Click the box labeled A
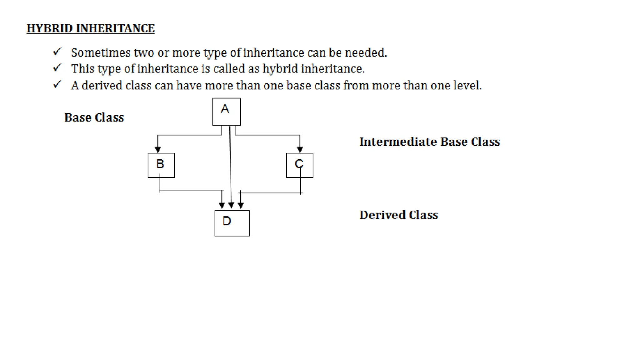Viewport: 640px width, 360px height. click(227, 112)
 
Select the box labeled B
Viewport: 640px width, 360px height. click(161, 165)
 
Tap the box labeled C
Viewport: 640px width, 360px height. click(300, 165)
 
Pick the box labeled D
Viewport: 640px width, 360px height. click(232, 223)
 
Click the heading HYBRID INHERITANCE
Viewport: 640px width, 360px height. click(91, 28)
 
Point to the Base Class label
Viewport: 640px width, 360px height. click(94, 117)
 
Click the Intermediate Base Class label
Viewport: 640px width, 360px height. click(430, 142)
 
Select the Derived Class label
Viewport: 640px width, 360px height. click(399, 215)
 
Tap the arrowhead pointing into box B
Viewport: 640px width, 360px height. click(158, 150)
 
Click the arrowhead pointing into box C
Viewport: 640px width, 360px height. click(300, 150)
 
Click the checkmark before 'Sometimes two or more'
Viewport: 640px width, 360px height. click(57, 52)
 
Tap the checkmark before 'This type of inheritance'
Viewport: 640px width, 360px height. click(57, 67)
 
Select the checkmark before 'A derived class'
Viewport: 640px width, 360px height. click(57, 84)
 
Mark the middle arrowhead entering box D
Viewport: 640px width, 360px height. click(231, 205)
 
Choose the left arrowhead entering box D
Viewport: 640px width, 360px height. click(222, 205)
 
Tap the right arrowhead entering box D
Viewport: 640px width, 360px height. click(241, 205)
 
